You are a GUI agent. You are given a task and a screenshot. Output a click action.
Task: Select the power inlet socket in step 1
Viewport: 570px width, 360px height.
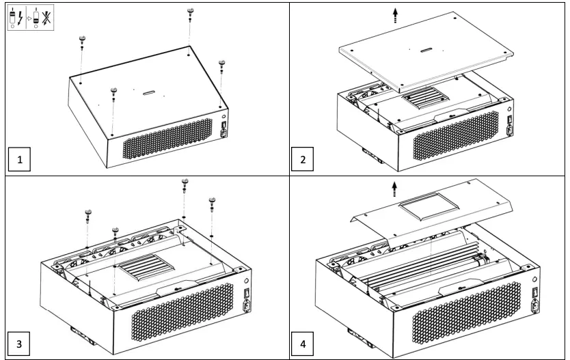pos(225,134)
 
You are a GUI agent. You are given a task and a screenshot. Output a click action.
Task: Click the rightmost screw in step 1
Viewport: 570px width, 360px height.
pos(221,66)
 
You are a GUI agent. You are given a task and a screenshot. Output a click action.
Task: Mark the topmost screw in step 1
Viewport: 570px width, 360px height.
pos(189,13)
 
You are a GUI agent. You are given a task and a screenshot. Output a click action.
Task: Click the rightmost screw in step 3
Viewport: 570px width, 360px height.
pos(212,203)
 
